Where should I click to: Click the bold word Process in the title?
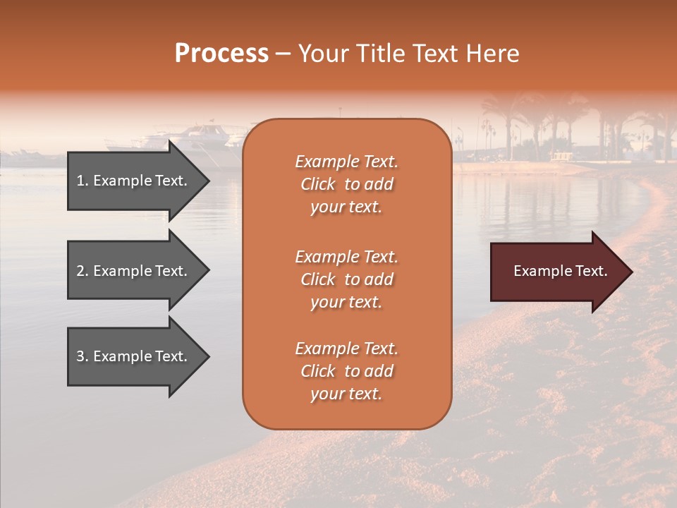(221, 54)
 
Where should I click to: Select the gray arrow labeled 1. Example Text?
(133, 181)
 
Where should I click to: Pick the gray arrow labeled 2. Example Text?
(133, 271)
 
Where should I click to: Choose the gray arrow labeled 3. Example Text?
(133, 357)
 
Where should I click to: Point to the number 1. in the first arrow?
(83, 181)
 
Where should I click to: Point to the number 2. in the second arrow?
(83, 271)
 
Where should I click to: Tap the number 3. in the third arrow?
(83, 357)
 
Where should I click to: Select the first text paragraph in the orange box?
(347, 184)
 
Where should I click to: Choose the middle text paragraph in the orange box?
(347, 279)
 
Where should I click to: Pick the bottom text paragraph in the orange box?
(347, 371)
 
